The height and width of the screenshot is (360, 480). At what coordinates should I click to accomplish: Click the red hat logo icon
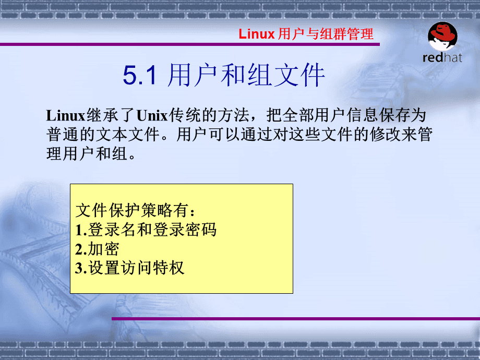click(x=442, y=36)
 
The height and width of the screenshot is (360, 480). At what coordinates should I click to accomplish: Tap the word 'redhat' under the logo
click(x=442, y=57)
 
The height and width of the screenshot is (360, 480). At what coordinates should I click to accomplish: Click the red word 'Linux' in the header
click(x=257, y=34)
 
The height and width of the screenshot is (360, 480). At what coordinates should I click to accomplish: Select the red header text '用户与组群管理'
click(x=326, y=34)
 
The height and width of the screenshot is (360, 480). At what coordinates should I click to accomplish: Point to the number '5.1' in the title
click(x=140, y=75)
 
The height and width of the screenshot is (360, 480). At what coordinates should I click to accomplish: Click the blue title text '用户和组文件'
click(x=246, y=75)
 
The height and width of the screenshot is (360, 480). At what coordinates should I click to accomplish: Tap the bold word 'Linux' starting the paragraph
click(x=66, y=116)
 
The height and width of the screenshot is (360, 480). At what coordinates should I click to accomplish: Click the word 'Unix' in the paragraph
click(x=152, y=116)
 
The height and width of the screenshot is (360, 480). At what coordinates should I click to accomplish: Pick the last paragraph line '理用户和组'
click(x=87, y=154)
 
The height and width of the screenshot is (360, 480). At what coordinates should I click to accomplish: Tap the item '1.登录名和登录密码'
click(x=146, y=230)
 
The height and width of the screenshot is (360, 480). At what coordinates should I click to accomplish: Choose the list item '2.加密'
click(x=97, y=249)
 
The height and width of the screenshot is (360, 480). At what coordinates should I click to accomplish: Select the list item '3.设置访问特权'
click(x=130, y=268)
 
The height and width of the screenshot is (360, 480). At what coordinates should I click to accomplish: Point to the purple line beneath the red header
click(x=190, y=44)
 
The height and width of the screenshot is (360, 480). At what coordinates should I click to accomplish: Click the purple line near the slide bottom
click(x=296, y=319)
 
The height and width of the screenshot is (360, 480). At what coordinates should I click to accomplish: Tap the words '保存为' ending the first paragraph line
click(x=402, y=115)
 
